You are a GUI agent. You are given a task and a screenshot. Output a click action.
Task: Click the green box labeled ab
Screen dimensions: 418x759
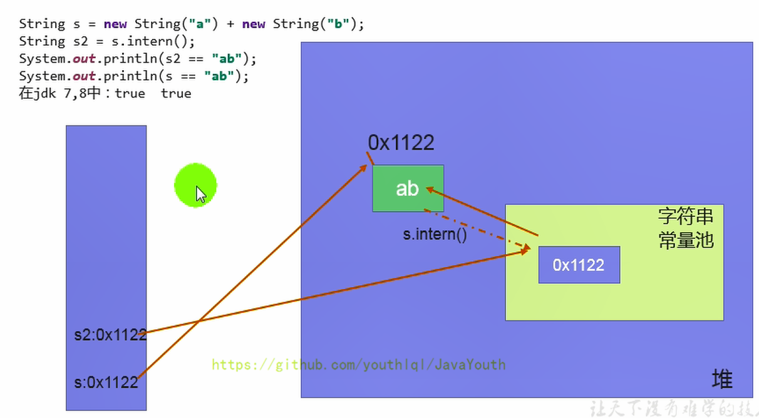[x=408, y=188]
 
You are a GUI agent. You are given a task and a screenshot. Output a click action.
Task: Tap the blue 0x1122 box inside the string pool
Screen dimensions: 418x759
[x=579, y=265]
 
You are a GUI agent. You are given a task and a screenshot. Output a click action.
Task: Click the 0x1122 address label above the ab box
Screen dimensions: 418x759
[x=401, y=143]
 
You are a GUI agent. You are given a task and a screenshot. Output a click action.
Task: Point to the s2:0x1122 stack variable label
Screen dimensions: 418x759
[x=110, y=335]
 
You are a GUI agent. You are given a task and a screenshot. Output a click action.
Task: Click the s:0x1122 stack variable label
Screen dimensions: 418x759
[x=106, y=382]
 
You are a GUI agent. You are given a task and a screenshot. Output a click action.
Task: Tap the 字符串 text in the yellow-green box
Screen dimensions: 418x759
[x=686, y=217]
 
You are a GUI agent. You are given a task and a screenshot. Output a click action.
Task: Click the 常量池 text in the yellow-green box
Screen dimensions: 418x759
[x=686, y=240]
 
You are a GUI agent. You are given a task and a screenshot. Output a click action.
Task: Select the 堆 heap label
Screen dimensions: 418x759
[x=722, y=379]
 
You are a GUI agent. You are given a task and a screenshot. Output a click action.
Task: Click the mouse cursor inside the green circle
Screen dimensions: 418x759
[x=200, y=194]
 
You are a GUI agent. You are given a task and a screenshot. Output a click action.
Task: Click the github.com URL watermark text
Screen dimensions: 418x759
[x=358, y=365]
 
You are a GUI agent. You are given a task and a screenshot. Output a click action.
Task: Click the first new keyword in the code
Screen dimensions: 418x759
[x=115, y=24]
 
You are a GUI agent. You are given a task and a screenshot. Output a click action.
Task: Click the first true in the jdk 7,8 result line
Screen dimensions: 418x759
[x=130, y=93]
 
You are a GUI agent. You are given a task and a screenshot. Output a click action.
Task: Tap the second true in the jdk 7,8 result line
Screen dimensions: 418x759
[x=176, y=93]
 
